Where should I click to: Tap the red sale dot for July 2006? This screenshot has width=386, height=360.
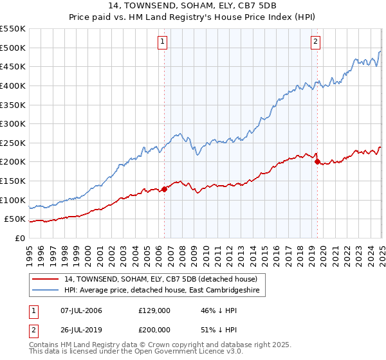[164, 189]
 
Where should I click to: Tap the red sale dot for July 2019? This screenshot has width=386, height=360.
[317, 162]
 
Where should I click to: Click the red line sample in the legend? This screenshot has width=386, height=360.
[46, 279]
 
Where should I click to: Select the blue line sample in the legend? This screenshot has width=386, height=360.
[46, 291]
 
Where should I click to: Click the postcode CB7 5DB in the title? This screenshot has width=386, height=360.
[259, 8]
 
